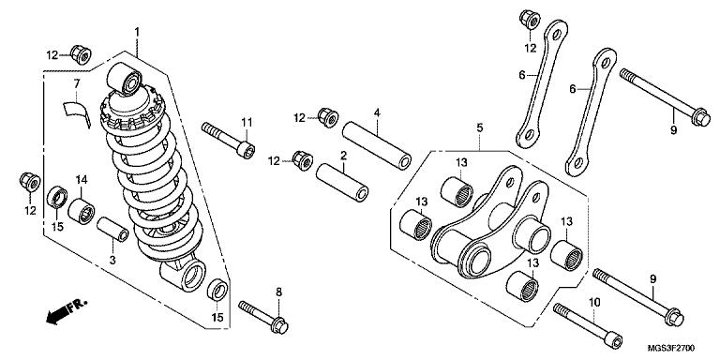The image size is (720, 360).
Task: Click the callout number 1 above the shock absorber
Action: pos(136,32)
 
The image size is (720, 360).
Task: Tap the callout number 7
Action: pos(77,83)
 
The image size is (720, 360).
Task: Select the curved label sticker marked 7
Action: pos(76,112)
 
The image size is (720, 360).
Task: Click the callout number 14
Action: pos(81,179)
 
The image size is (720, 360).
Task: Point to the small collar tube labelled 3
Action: pos(112,229)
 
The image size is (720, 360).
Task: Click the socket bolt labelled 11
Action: pos(228,140)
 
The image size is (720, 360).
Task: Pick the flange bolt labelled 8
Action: pos(263,317)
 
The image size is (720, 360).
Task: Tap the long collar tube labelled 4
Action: pos(377,145)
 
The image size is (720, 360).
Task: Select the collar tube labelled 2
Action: pos(342,181)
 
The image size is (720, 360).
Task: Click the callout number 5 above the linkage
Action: pos(480,127)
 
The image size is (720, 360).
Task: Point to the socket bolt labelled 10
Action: pos(588,326)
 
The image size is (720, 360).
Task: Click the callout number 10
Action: pos(594,303)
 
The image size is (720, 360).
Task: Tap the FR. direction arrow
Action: pos(67,312)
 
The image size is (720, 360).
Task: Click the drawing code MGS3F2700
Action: pos(671,349)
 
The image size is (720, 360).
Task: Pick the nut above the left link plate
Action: pos(530,20)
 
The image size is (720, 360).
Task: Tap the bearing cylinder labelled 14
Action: pos(82,211)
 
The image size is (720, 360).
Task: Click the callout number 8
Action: pos(279,292)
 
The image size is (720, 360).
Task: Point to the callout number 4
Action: pos(377,112)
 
